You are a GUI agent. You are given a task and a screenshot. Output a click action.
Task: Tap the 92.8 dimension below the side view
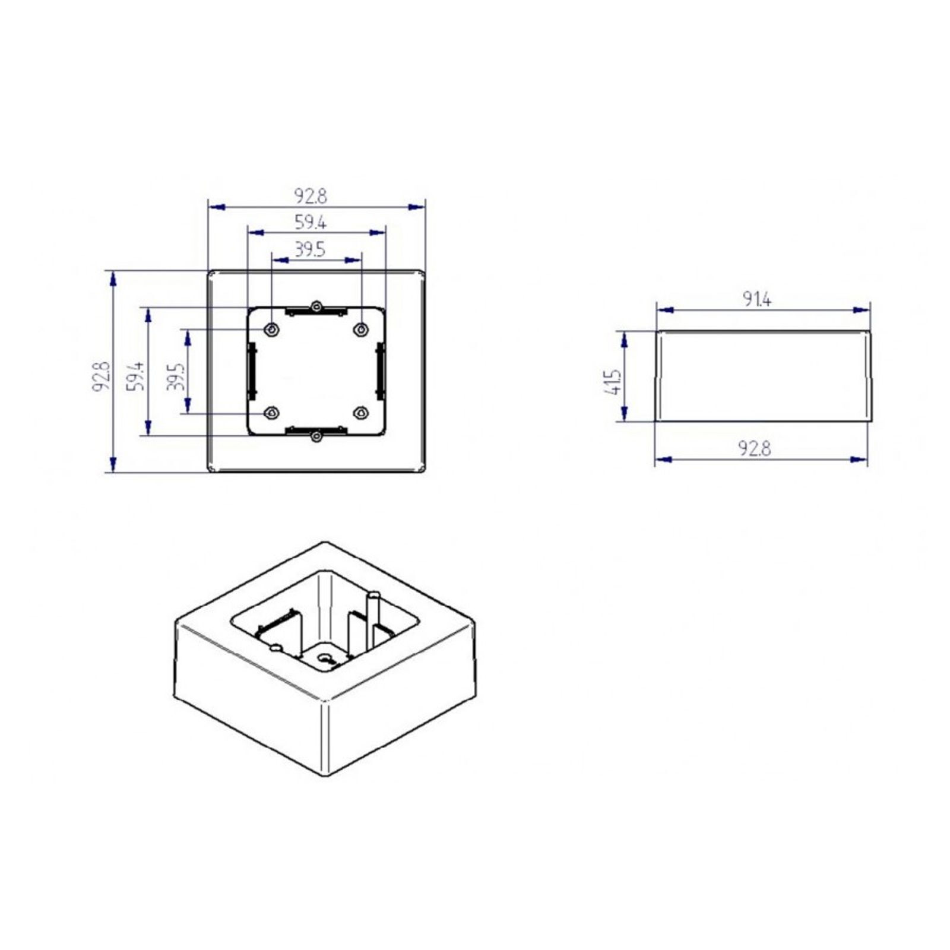pos(755,449)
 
